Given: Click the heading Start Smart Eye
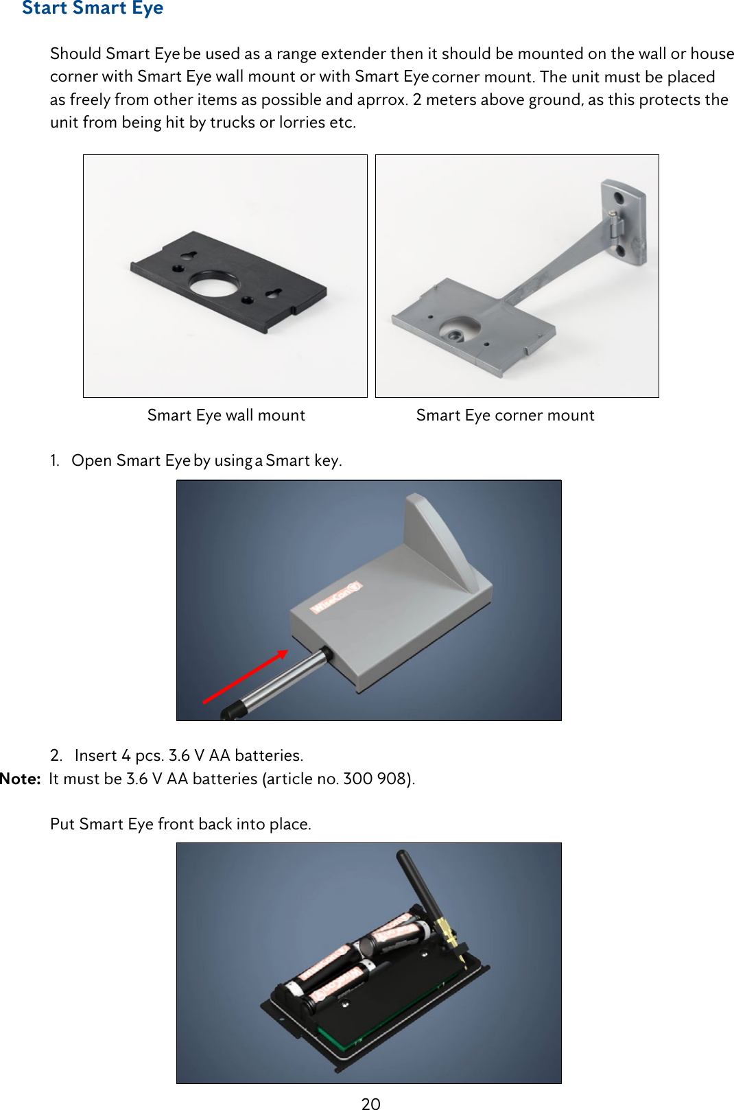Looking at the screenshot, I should coord(93,8).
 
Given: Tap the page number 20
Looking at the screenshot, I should coord(370,1102).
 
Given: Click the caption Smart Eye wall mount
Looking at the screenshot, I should coord(226,415).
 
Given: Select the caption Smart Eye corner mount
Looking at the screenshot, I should coord(505,415).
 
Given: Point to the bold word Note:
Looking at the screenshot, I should coord(21,779).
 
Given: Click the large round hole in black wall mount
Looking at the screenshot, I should coord(213,283).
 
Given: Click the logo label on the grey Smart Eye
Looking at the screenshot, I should coord(335,597).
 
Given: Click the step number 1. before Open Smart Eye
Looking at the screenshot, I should coord(55,460).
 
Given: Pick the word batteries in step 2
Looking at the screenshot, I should coord(268,755).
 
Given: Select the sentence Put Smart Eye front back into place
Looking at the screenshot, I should coord(180,824).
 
